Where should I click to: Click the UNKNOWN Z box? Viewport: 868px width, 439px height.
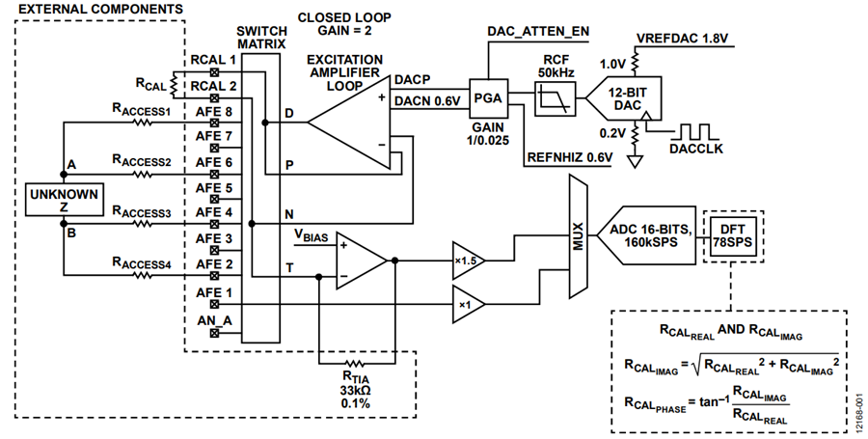pyautogui.click(x=65, y=200)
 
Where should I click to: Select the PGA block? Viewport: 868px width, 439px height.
pyautogui.click(x=488, y=98)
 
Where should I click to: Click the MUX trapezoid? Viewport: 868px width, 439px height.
pyautogui.click(x=578, y=236)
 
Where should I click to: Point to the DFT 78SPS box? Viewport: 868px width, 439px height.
pyautogui.click(x=734, y=236)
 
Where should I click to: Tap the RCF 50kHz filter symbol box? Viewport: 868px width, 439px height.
pyautogui.click(x=555, y=98)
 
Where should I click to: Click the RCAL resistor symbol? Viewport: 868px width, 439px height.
pyautogui.click(x=173, y=85)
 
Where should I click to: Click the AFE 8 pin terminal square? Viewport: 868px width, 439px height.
pyautogui.click(x=215, y=123)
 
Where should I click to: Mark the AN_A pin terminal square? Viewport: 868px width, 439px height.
pyautogui.click(x=215, y=333)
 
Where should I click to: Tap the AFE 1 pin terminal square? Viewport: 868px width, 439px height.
pyautogui.click(x=215, y=304)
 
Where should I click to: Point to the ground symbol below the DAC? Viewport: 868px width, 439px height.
pyautogui.click(x=635, y=162)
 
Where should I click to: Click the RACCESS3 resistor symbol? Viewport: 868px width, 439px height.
pyautogui.click(x=143, y=224)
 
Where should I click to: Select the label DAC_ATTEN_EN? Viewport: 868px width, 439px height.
pyautogui.click(x=538, y=32)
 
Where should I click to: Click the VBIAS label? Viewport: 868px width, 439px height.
pyautogui.click(x=311, y=235)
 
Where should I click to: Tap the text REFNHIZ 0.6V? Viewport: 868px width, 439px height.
pyautogui.click(x=570, y=158)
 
